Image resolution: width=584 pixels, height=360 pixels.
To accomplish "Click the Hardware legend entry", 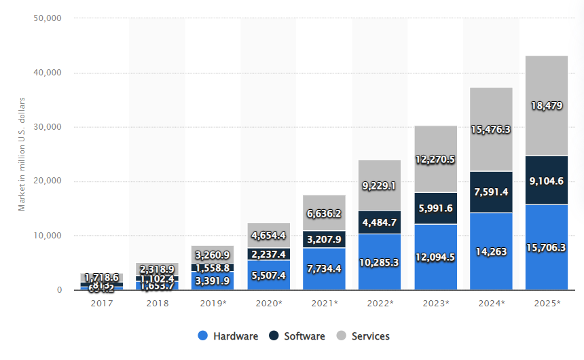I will tap(228, 336).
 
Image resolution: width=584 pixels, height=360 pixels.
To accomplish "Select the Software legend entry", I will tap(295, 336).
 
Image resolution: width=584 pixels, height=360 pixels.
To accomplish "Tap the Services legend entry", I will tap(362, 336).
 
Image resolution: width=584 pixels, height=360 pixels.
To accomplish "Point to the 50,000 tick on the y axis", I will tap(48, 18).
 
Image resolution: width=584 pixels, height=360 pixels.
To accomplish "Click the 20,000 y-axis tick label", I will tap(48, 181).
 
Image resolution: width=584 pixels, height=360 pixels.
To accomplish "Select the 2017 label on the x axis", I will tap(102, 303).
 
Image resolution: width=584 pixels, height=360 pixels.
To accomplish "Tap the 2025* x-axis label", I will tap(547, 303).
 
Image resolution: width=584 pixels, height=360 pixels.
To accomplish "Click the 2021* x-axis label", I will tap(325, 303).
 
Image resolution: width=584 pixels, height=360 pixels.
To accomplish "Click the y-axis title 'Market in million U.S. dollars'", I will tap(22, 153).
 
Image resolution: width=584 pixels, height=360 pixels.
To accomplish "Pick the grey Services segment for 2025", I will tap(547, 82).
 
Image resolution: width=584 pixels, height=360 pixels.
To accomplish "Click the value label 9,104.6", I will tap(547, 181).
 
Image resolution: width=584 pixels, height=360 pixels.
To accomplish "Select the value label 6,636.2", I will tap(325, 214).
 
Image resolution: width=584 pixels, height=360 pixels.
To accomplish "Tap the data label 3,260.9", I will tap(213, 255).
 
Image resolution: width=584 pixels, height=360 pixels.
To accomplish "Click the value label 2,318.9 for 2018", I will tap(158, 270).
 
